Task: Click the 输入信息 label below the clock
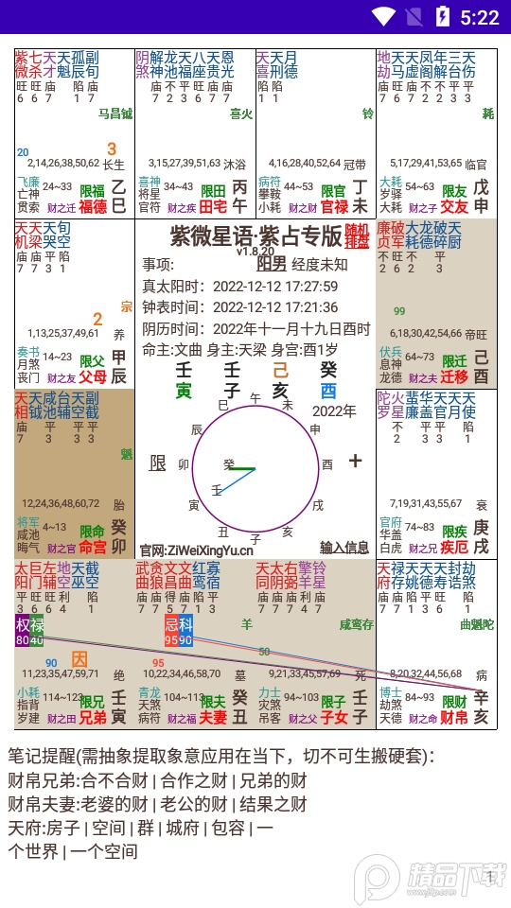[344, 547]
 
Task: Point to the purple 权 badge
[23, 625]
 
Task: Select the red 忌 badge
[171, 625]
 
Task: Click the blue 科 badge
[185, 625]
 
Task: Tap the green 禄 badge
[37, 625]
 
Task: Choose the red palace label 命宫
[93, 547]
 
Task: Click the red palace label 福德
[93, 206]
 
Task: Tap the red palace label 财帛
[455, 717]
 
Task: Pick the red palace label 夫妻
[213, 717]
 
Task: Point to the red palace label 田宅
[213, 206]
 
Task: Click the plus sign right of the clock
[355, 461]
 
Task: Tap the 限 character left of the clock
[158, 463]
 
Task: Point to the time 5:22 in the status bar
[480, 16]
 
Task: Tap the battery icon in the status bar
[442, 16]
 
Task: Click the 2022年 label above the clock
[334, 410]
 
